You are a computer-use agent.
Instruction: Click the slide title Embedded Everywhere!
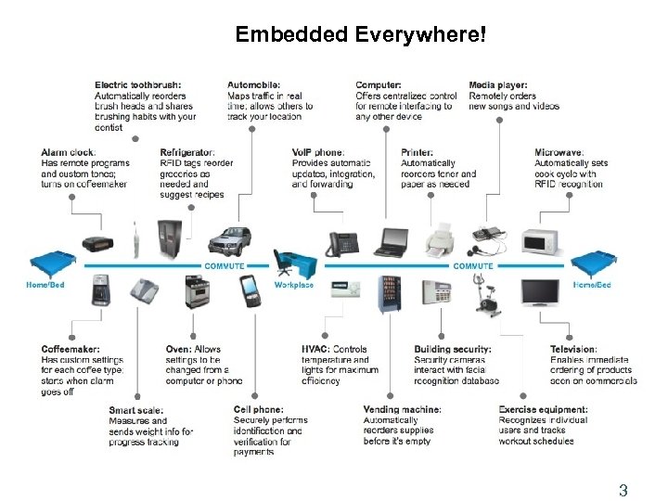tap(359, 35)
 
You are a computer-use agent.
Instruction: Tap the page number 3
tap(623, 490)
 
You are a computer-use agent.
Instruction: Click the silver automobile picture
tap(229, 240)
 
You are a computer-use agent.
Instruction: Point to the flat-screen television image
tap(539, 292)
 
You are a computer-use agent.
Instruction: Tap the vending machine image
tap(391, 295)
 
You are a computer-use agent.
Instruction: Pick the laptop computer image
tap(391, 242)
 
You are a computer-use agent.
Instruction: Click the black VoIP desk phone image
tap(342, 243)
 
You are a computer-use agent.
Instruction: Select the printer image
tap(440, 240)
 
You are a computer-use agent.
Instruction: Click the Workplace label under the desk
tap(294, 285)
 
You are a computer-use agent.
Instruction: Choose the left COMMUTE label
tap(224, 266)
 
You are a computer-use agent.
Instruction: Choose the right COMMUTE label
tap(472, 266)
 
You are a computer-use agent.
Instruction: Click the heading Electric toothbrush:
tap(138, 85)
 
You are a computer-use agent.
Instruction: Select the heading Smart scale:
tap(136, 410)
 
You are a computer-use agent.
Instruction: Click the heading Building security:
tap(453, 350)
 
